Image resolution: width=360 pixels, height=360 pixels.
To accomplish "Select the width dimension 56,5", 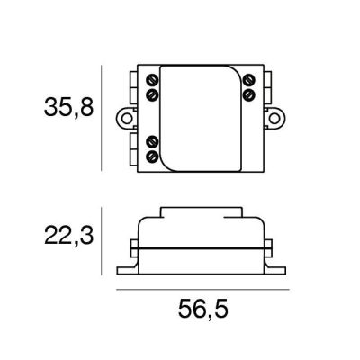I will click(199, 310).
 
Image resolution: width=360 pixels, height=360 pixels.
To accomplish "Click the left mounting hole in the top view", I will click(125, 117).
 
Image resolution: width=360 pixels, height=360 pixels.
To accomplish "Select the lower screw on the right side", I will click(247, 94).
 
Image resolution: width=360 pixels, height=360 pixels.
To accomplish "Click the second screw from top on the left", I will click(151, 94).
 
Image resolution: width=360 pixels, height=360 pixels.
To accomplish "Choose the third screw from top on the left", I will click(151, 141).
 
